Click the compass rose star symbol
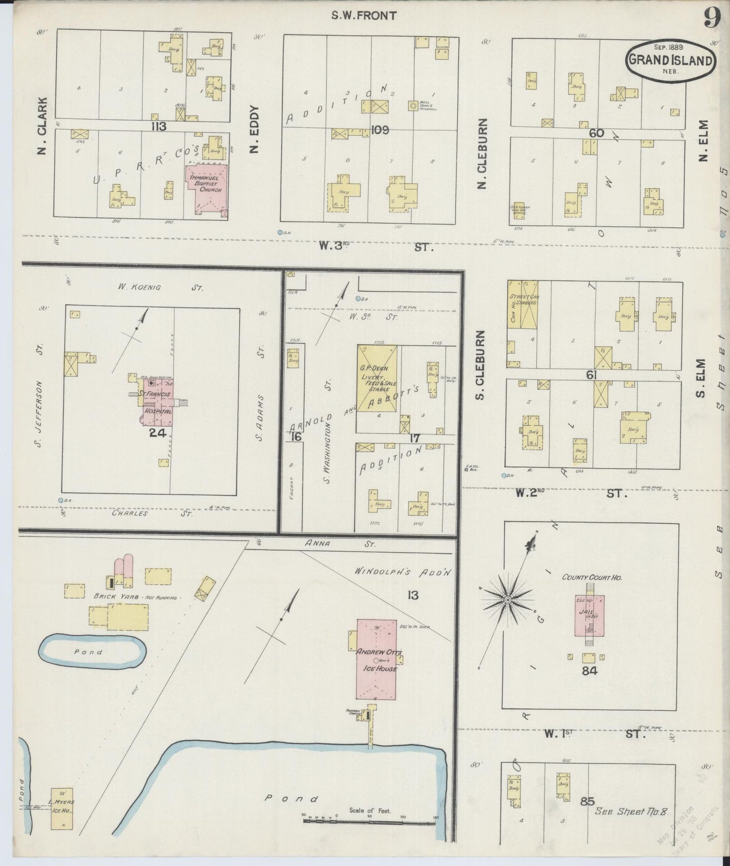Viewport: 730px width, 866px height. tap(507, 599)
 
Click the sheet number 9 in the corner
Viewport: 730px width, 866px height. tap(711, 19)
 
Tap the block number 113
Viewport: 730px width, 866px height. tap(158, 126)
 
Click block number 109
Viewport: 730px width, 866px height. tap(379, 130)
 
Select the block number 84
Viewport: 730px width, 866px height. tap(590, 671)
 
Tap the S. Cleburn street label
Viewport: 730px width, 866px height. tap(480, 365)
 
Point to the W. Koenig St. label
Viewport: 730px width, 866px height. tap(160, 287)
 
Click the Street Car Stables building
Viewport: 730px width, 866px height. tap(523, 304)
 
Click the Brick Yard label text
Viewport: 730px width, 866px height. tap(135, 597)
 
